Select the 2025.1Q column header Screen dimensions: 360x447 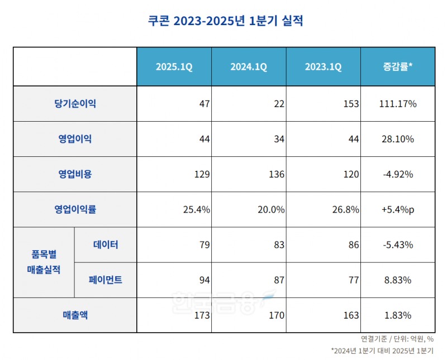point(174,67)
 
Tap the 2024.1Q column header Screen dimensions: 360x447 point(249,67)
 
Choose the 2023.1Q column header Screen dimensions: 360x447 point(324,67)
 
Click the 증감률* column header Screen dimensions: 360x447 point(397,67)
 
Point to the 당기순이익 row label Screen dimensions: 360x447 point(75,104)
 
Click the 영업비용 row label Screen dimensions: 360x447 point(75,174)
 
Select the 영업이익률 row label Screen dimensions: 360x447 point(75,210)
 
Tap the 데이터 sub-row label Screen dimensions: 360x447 point(105,244)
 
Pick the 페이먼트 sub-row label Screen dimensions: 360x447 point(105,280)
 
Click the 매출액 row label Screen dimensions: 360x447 point(75,315)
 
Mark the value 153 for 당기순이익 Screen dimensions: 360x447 point(351,104)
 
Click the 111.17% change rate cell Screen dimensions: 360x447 point(397,104)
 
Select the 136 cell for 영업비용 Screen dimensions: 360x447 point(277,174)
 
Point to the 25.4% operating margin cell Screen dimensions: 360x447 point(196,210)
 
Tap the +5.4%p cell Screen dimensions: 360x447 point(397,210)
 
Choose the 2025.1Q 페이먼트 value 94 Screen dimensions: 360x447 point(204,280)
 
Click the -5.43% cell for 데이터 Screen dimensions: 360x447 point(397,244)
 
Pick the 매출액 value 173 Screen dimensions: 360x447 point(202,315)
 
